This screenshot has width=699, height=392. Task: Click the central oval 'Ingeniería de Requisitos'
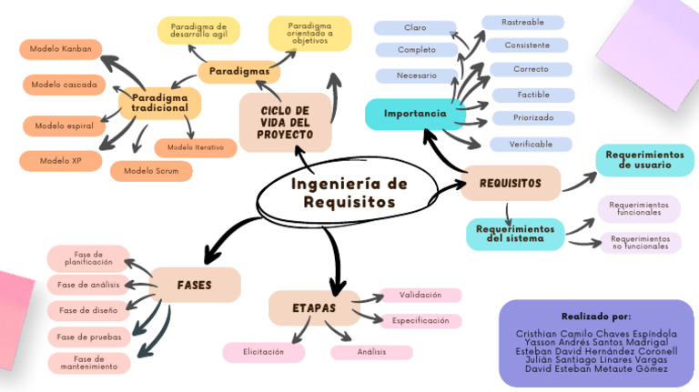click(x=349, y=193)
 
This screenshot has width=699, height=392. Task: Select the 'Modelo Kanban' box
click(x=60, y=49)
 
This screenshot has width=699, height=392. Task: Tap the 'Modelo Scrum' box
click(x=151, y=170)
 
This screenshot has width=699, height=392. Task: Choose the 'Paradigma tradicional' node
click(x=159, y=102)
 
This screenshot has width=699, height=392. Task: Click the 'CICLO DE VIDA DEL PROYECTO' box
click(x=284, y=122)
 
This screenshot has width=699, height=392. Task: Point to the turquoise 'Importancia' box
click(x=415, y=114)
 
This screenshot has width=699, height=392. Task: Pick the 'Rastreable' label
click(x=523, y=22)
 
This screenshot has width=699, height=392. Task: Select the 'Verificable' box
click(x=532, y=144)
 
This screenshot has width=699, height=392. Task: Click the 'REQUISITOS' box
click(x=510, y=183)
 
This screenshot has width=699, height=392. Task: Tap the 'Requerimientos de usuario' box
click(x=644, y=160)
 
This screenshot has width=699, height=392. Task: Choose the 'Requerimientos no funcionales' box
click(x=640, y=242)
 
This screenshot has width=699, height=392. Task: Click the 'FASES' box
click(x=195, y=285)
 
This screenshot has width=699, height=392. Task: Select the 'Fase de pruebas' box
click(x=89, y=337)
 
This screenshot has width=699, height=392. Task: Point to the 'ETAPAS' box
click(x=314, y=308)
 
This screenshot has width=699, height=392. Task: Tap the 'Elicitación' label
click(x=264, y=351)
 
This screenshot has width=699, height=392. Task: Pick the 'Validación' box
click(x=420, y=295)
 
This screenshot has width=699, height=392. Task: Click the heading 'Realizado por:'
click(x=595, y=316)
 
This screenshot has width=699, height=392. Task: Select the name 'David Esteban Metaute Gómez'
click(x=596, y=368)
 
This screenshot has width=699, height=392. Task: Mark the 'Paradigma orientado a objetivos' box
click(x=309, y=33)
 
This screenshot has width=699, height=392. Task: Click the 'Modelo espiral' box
click(x=65, y=125)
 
